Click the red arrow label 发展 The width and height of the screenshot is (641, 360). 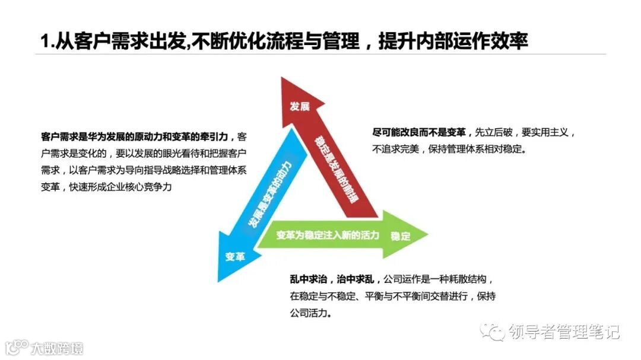tap(299, 107)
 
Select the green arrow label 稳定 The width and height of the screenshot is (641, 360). tap(401, 236)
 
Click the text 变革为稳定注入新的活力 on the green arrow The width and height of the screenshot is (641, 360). tap(328, 235)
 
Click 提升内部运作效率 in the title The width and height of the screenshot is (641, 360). tap(454, 42)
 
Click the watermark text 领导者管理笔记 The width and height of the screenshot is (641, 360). tap(563, 332)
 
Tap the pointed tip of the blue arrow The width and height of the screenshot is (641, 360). tap(220, 280)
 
